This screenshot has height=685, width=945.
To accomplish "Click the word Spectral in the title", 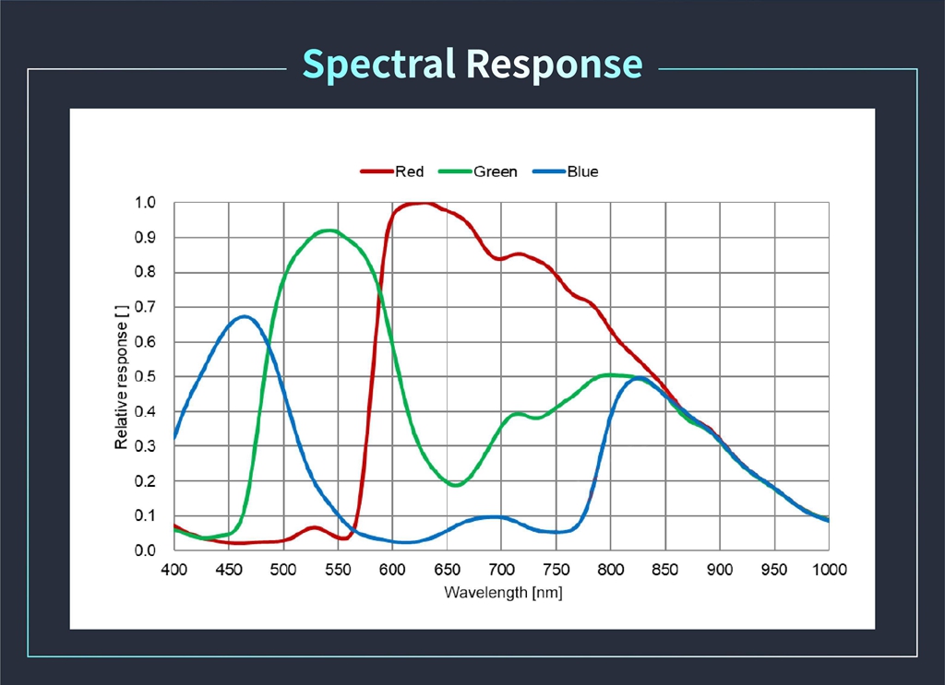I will point(379,65).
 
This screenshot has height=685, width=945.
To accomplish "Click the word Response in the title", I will point(554,65).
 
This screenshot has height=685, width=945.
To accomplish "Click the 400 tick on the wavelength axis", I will point(174,569).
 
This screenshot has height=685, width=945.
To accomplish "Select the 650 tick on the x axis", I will point(447,569).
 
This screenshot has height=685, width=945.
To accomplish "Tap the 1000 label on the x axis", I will point(829,569).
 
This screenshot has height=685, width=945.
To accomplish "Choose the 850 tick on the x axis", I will point(665,569).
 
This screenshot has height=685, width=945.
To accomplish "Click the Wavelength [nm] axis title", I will point(502,592).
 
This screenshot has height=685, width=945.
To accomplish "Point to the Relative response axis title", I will point(121,376).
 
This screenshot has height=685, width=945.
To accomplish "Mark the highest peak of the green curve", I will point(328,230).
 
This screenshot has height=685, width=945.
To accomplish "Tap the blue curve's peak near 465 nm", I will point(244,317).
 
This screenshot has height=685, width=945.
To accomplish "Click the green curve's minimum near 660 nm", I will point(455,484).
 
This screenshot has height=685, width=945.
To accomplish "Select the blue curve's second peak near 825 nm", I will point(638,378).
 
